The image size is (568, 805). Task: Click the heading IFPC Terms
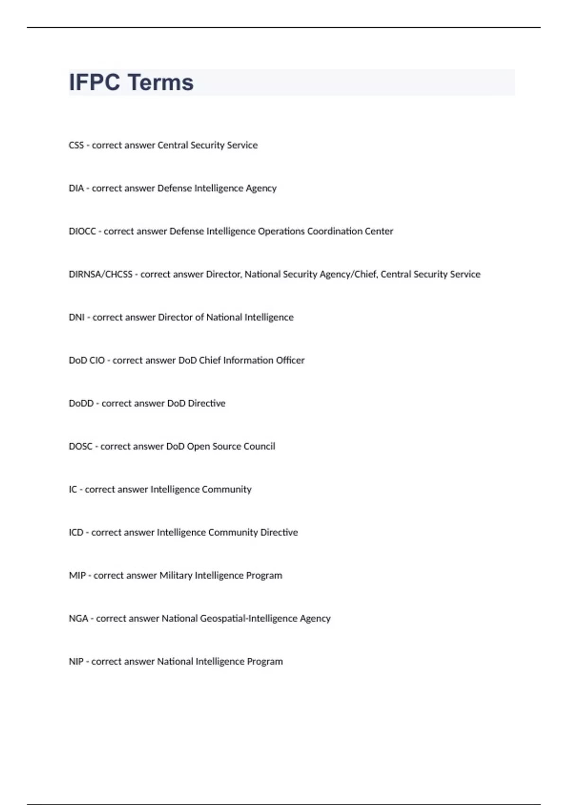pyautogui.click(x=131, y=82)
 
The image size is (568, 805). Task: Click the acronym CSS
pyautogui.click(x=76, y=145)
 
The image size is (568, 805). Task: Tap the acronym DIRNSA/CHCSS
pyautogui.click(x=100, y=275)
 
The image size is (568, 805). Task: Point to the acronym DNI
pyautogui.click(x=77, y=318)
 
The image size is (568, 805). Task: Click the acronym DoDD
pyautogui.click(x=81, y=403)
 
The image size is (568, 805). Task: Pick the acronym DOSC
pyautogui.click(x=80, y=447)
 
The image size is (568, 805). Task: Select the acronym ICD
pyautogui.click(x=76, y=533)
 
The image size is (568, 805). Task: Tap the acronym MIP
pyautogui.click(x=77, y=576)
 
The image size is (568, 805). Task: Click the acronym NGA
pyautogui.click(x=79, y=619)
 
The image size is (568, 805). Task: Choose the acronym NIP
pyautogui.click(x=76, y=662)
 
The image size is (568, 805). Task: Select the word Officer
pyautogui.click(x=290, y=360)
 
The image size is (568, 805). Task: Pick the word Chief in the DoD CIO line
pyautogui.click(x=210, y=360)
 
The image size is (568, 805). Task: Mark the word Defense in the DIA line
pyautogui.click(x=174, y=188)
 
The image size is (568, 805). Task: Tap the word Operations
pyautogui.click(x=281, y=232)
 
